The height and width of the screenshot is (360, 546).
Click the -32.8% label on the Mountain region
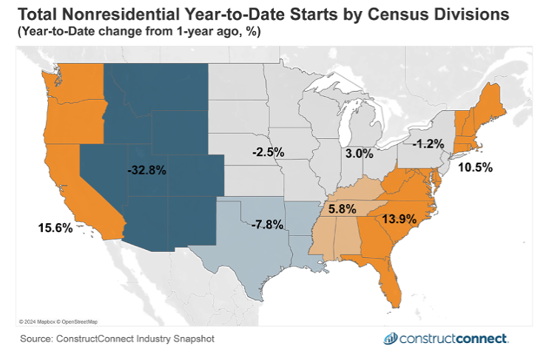pos(146,170)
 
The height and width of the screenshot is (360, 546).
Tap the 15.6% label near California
pos(55,228)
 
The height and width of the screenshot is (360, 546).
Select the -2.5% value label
pos(266,152)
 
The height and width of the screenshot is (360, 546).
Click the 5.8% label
pos(344,209)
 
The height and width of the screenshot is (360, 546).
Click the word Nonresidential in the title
pos(119,13)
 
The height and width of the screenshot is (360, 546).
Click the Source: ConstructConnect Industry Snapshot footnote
pos(118,339)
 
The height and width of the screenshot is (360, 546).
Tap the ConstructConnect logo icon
pos(390,339)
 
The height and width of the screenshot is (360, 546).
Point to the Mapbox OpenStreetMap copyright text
pos(58,322)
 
